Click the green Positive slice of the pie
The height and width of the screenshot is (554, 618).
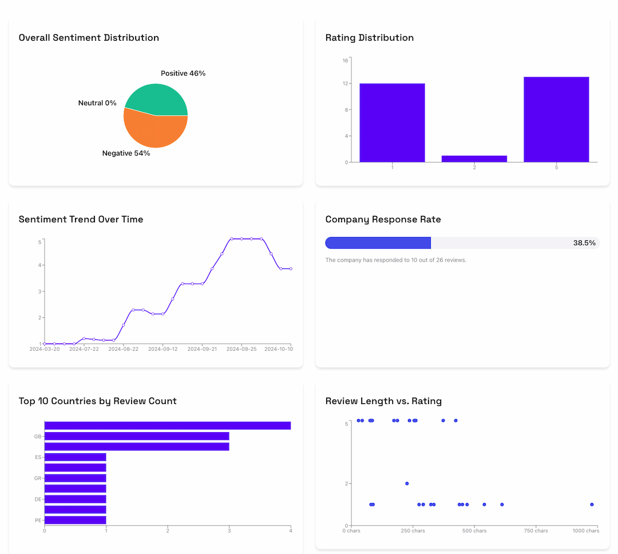coord(157,98)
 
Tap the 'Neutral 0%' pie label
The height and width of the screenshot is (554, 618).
coord(97,103)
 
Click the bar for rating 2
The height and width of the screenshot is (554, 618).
coord(474,159)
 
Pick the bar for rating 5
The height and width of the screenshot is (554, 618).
coord(556,120)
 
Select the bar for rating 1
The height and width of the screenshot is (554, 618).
coord(392,123)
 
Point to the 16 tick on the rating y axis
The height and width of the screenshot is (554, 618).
coord(345,60)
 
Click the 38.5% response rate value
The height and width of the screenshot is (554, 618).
coord(584,243)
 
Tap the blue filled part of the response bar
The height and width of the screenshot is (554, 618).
coord(378,243)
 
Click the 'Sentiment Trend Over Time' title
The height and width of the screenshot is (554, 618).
coord(81,219)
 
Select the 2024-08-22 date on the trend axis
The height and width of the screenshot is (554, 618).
coord(123,349)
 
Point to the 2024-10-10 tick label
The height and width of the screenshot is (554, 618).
coord(278,349)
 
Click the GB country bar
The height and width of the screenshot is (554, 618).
coord(136,436)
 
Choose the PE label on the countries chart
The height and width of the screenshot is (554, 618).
coord(38,520)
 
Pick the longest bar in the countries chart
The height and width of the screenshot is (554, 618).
coord(167,425)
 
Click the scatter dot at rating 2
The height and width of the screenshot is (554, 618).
coord(407,483)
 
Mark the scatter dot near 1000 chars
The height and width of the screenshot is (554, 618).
coord(592,504)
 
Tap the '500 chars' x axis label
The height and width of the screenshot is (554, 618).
coord(474,531)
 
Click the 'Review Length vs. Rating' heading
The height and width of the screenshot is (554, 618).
coord(383,401)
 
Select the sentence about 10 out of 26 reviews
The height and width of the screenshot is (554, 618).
coord(395,260)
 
